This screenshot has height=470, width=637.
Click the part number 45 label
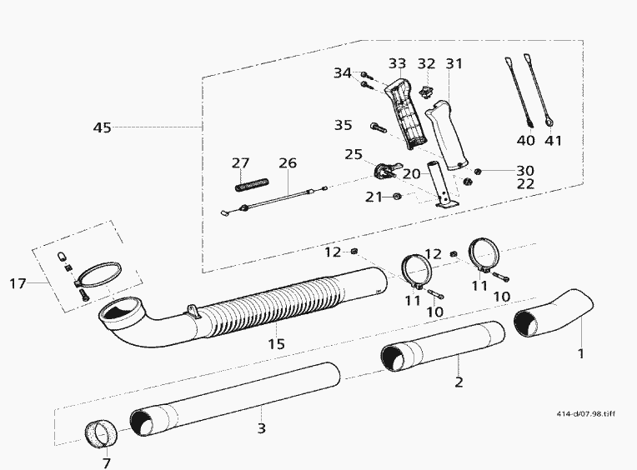coord(102,127)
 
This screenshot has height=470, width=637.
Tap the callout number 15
coord(276,344)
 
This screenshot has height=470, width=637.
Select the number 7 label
coord(107,462)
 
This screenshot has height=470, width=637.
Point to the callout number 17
coord(18,283)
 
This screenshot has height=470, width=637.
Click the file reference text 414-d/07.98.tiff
coord(585,413)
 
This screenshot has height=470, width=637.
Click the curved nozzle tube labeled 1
coord(554,313)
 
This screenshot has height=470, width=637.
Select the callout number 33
coord(397,63)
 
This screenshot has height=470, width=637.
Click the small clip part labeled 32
coord(426,92)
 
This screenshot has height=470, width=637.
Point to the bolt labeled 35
coord(379,128)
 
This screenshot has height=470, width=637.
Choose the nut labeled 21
coord(397,197)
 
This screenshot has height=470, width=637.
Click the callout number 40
coord(525,141)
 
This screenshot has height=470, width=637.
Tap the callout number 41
coord(553,141)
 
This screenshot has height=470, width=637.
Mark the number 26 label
coord(288,162)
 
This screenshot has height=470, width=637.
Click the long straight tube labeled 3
coord(235,400)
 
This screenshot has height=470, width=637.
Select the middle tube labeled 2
coord(444,346)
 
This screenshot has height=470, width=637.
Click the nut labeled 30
coord(478,172)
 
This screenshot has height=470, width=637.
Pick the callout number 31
coord(454,63)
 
